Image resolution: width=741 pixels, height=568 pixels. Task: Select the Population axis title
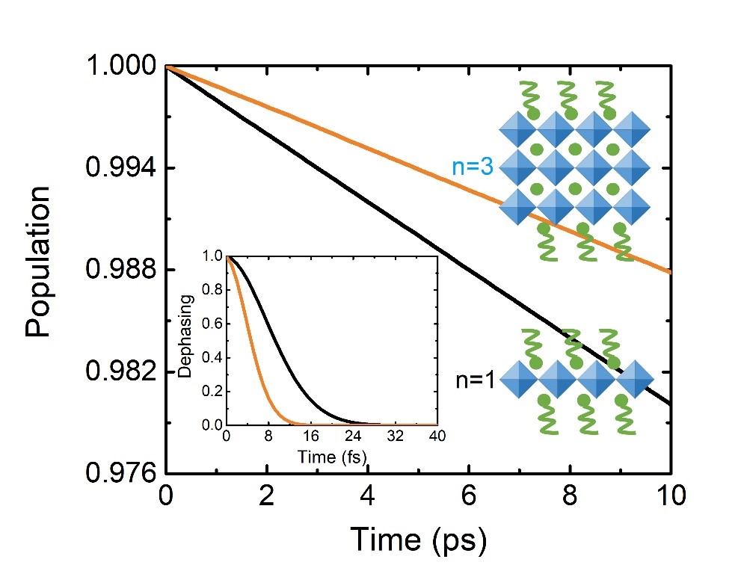(38, 262)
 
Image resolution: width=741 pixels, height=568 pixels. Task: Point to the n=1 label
(475, 380)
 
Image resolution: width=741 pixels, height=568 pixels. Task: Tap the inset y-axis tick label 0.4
(214, 357)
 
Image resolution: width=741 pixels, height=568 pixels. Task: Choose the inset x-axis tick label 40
(437, 438)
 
